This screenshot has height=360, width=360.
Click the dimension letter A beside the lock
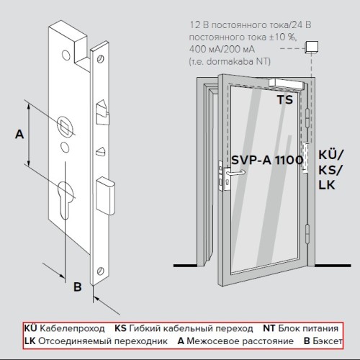[x=19, y=134]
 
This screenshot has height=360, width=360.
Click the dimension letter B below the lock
[x=78, y=287]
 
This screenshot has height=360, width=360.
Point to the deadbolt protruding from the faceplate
[x=105, y=196]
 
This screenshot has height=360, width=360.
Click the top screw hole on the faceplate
[x=100, y=58]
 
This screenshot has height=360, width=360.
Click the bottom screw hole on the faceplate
[x=101, y=271]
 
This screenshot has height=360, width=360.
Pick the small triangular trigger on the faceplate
[x=101, y=151]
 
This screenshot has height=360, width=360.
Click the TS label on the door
[x=285, y=99]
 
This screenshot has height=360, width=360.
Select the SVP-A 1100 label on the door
[x=267, y=160]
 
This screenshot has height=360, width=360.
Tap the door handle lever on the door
[x=236, y=173]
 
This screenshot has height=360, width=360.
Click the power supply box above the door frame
[x=312, y=47]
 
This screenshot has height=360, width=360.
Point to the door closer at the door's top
[x=287, y=84]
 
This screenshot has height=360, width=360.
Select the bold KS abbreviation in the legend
[x=120, y=328]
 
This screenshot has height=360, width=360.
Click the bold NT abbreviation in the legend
[x=269, y=328]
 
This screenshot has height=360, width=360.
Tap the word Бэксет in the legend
[x=328, y=341]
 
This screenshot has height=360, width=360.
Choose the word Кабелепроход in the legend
[x=72, y=328]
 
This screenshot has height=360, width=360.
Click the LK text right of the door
[x=327, y=185]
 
